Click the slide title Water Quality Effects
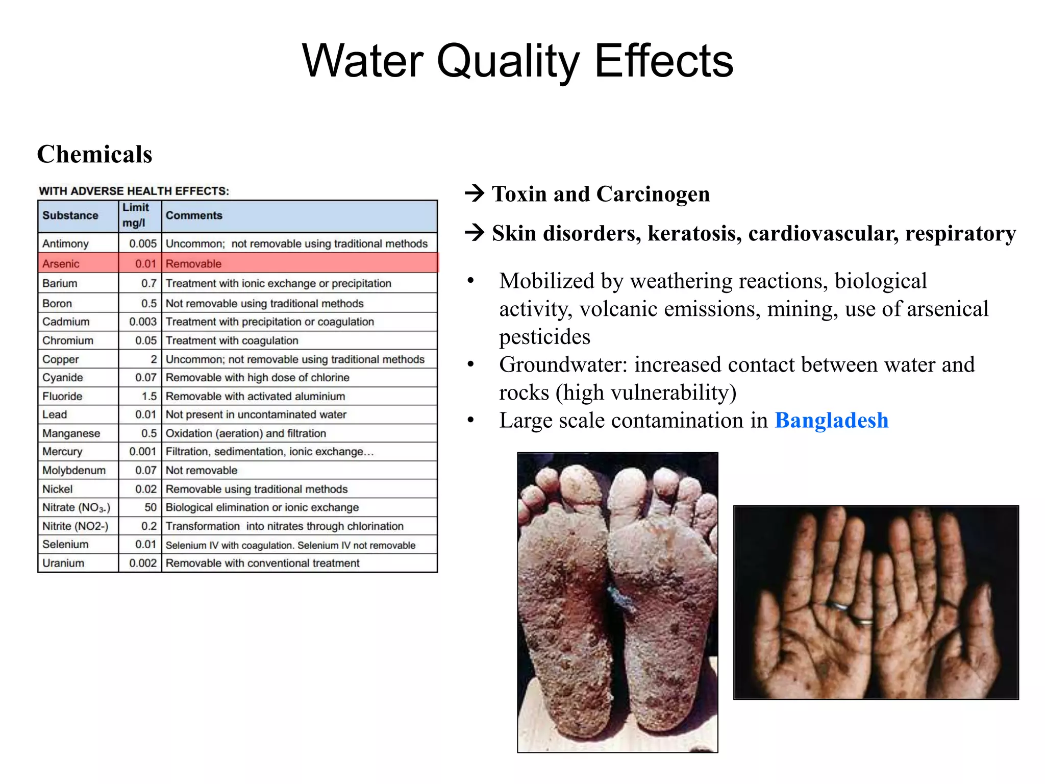517,61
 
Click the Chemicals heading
94,154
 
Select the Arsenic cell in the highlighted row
61,264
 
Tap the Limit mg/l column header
136,215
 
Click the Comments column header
194,215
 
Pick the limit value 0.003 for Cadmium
143,322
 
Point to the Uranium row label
63,563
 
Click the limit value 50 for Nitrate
150,507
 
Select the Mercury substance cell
62,452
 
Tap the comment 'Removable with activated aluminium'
255,396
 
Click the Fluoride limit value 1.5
149,396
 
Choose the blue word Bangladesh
831,421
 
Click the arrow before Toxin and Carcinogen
475,194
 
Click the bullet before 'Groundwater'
470,365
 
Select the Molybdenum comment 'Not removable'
202,471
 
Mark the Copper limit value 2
154,359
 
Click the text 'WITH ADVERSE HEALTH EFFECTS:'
134,191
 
